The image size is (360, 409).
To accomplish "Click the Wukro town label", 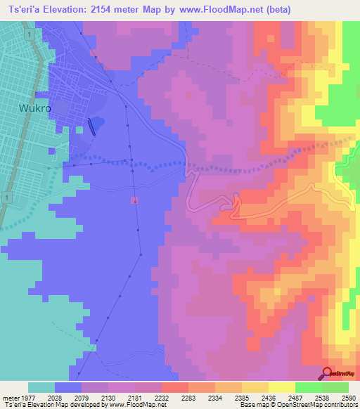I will (34, 109).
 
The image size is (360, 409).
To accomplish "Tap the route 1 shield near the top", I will (26, 34).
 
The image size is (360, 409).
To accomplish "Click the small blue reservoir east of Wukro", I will (98, 122).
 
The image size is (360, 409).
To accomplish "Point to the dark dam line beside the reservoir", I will (91, 126).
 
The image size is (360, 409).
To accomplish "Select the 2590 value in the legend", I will (349, 396).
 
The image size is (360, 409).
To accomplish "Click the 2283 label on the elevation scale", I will (188, 396).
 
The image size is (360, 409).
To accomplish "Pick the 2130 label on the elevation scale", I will (108, 396).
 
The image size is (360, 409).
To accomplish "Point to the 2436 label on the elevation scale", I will (269, 396).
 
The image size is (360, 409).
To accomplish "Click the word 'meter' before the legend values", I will (9, 396).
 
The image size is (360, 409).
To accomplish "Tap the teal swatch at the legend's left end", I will (41, 387).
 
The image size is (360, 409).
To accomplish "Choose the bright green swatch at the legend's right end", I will (335, 387).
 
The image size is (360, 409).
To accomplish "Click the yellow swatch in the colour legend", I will (282, 387).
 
